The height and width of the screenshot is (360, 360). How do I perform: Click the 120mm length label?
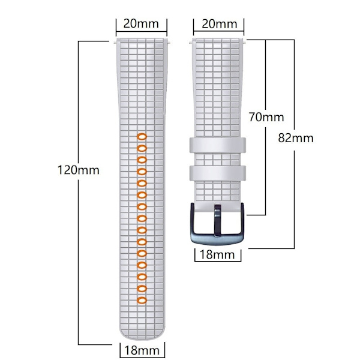click(x=78, y=170)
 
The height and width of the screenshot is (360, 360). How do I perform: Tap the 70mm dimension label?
click(x=266, y=118)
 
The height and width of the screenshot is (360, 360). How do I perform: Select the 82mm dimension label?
click(x=296, y=138)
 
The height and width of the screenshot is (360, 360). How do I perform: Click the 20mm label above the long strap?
click(x=141, y=23)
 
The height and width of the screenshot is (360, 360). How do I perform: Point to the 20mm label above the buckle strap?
click(x=219, y=24)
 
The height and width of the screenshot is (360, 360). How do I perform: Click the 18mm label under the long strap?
click(x=142, y=350)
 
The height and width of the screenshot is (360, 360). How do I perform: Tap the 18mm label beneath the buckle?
click(x=217, y=254)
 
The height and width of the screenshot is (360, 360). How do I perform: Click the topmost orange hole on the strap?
click(x=142, y=137)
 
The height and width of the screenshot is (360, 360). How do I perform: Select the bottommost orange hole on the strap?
click(x=142, y=300)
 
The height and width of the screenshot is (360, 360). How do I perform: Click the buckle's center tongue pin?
click(x=217, y=220)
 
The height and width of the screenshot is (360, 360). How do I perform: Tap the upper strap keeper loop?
click(x=217, y=145)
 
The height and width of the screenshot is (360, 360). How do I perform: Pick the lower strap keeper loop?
click(x=217, y=173)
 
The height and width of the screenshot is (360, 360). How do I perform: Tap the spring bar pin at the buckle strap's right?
click(x=245, y=42)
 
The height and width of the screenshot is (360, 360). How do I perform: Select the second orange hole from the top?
click(x=142, y=149)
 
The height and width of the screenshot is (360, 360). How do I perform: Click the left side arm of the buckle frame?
click(x=193, y=220)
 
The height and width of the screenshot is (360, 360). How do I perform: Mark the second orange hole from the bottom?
click(x=142, y=289)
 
